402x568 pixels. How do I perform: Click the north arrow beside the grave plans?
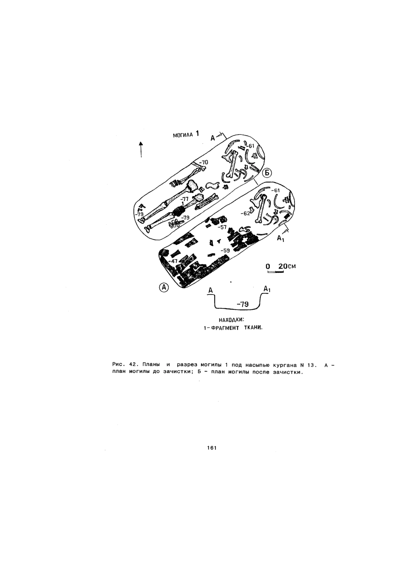(141, 149)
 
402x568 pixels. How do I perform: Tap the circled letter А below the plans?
(164, 287)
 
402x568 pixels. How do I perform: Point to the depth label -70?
(203, 162)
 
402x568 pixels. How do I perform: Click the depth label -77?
(184, 199)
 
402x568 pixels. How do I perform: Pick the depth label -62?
(245, 214)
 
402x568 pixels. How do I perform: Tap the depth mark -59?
(225, 250)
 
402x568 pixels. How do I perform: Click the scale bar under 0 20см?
(276, 272)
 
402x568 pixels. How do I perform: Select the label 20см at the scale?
(287, 266)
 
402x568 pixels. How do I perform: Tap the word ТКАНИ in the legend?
(253, 328)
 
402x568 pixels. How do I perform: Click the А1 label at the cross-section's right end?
(267, 289)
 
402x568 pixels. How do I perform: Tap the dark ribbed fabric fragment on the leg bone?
(180, 211)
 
